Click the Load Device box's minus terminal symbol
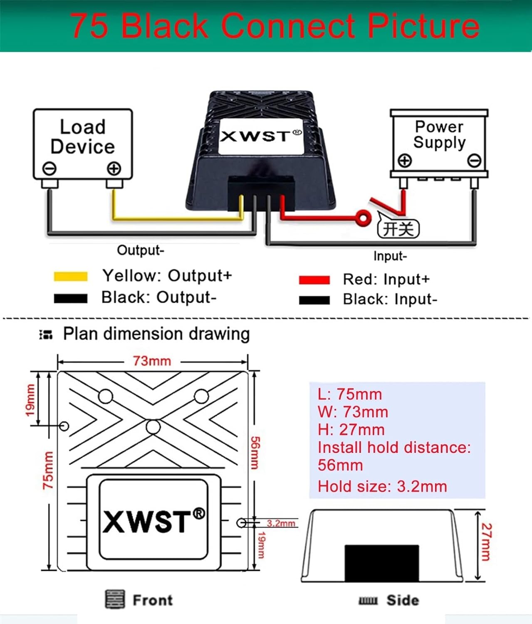pos(49,169)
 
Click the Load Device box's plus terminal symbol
pos(114,169)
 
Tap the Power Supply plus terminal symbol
pos(405,161)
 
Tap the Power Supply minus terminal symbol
pos(474,161)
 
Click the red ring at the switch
pos(363,218)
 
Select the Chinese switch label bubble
pos(398,229)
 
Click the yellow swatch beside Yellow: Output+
pos(71,277)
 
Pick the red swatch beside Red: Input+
pos(314,280)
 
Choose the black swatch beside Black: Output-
pos(71,298)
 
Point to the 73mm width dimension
pos(152,361)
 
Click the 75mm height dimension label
pos(48,470)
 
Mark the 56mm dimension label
pos(255,453)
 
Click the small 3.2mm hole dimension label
pos(281,523)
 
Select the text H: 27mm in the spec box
pos(351,429)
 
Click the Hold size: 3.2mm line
pos(382,486)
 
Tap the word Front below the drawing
pos(152,600)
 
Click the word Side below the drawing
pos(402,600)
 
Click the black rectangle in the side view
pos(382,563)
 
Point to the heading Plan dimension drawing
pos(156,334)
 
